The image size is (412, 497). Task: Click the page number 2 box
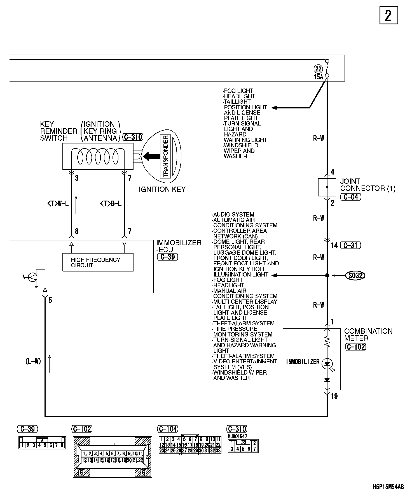coord(388,15)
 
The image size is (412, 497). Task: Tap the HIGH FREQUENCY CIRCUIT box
coord(98,263)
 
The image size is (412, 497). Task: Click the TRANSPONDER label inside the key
coord(165,156)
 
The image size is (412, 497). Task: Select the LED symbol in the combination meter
coord(327,364)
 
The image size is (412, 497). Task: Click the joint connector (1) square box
coord(327,187)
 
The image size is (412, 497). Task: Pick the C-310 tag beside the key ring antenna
coord(133,137)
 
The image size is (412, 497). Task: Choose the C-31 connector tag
coord(350,245)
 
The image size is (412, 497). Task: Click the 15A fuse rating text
coord(318,77)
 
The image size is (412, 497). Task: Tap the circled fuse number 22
coord(319,69)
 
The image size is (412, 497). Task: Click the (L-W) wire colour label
coord(33,361)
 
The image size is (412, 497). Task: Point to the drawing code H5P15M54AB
coord(388,487)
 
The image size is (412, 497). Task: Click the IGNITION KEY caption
coord(162,190)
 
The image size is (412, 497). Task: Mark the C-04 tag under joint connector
coord(351,197)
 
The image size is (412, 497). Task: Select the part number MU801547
coord(237,436)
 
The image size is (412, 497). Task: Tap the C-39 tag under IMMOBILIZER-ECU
coord(168,257)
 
